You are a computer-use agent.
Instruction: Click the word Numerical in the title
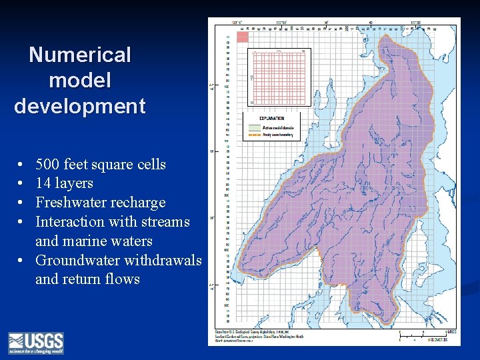(80, 55)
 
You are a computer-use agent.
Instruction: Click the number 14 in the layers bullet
(43, 183)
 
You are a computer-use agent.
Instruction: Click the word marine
(90, 241)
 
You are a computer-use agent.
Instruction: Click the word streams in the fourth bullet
(165, 222)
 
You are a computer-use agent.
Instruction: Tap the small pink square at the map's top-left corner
(243, 37)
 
